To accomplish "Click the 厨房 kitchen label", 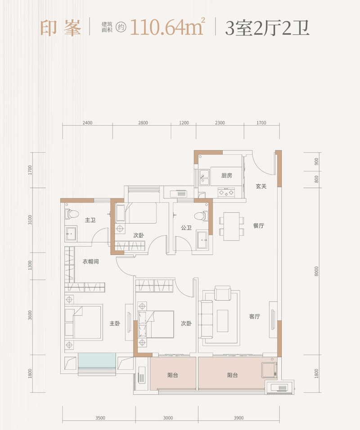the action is coord(227,176).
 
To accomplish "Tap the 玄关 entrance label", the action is coord(261,186).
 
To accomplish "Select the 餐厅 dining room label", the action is coord(259,226).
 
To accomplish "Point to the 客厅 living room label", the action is coord(255,317).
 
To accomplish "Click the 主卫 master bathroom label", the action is coord(90,220).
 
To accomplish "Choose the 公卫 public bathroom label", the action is coord(186,228).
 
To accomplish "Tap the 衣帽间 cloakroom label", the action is coord(91,261).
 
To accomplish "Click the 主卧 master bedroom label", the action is coord(115,324).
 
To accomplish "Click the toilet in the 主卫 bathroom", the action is coord(72,214).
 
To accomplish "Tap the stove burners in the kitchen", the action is coord(226,193).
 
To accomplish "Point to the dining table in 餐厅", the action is coord(231,226).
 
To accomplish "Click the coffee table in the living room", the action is coord(222,321).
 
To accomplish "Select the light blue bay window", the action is coord(97,362).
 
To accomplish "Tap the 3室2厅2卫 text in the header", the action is coord(267,28).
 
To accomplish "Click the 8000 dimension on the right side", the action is coord(316,271).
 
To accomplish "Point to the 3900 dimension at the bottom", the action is coord(238,418).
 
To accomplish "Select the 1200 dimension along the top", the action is coord(184,123).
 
